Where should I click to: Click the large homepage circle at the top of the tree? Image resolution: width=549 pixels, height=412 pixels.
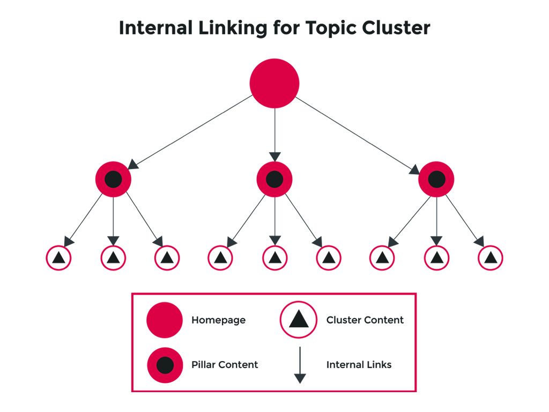tap(274, 83)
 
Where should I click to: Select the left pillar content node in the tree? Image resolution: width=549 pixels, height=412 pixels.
tap(113, 180)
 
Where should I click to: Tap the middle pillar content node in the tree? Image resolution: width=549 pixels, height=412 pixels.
tap(274, 180)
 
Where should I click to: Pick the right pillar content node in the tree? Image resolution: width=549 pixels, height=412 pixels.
tap(436, 180)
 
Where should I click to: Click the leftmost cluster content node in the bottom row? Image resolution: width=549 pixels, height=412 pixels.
tap(59, 258)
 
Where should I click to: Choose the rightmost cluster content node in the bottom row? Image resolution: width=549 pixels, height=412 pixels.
tap(490, 258)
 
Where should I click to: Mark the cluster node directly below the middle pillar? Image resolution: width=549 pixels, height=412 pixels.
tap(274, 258)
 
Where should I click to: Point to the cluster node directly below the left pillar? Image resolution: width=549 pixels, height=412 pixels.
tap(113, 258)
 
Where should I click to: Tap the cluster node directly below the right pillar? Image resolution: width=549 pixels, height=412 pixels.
tap(436, 258)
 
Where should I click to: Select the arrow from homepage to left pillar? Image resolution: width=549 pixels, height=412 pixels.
tap(190, 132)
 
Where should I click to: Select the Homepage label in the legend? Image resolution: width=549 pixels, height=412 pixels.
tap(218, 320)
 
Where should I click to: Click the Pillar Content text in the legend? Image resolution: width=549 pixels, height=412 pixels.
tap(225, 365)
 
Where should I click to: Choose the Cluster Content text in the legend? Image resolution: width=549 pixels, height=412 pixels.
tap(365, 320)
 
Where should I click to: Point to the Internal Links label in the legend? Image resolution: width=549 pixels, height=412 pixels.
tap(359, 365)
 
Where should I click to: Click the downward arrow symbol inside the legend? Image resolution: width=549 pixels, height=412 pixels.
tap(300, 365)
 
